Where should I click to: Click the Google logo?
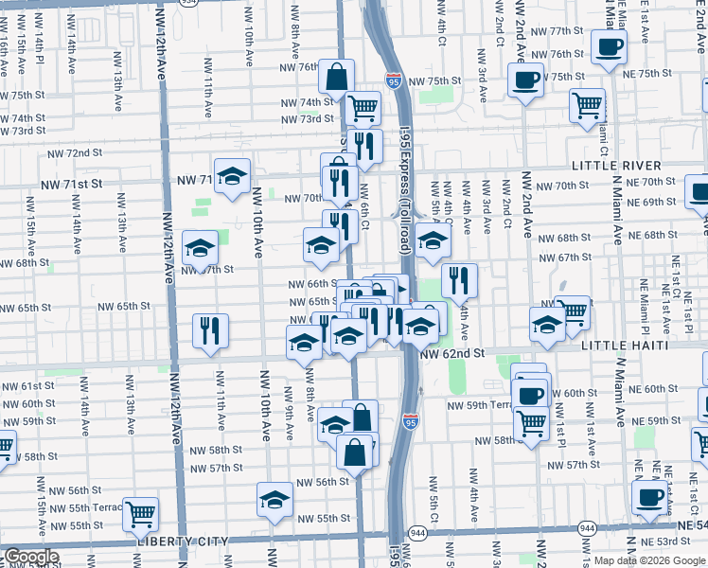pyautogui.click(x=31, y=557)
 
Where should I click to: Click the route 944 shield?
pyautogui.click(x=587, y=528)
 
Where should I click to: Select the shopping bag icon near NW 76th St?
pyautogui.click(x=336, y=77)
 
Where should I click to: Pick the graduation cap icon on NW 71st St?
pyautogui.click(x=232, y=175)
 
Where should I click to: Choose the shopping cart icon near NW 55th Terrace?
pyautogui.click(x=141, y=514)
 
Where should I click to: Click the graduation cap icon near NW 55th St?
pyautogui.click(x=274, y=498)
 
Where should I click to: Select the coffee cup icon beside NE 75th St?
pyautogui.click(x=610, y=46)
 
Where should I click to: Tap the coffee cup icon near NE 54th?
pyautogui.click(x=649, y=498)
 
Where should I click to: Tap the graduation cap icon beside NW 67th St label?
pyautogui.click(x=200, y=248)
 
